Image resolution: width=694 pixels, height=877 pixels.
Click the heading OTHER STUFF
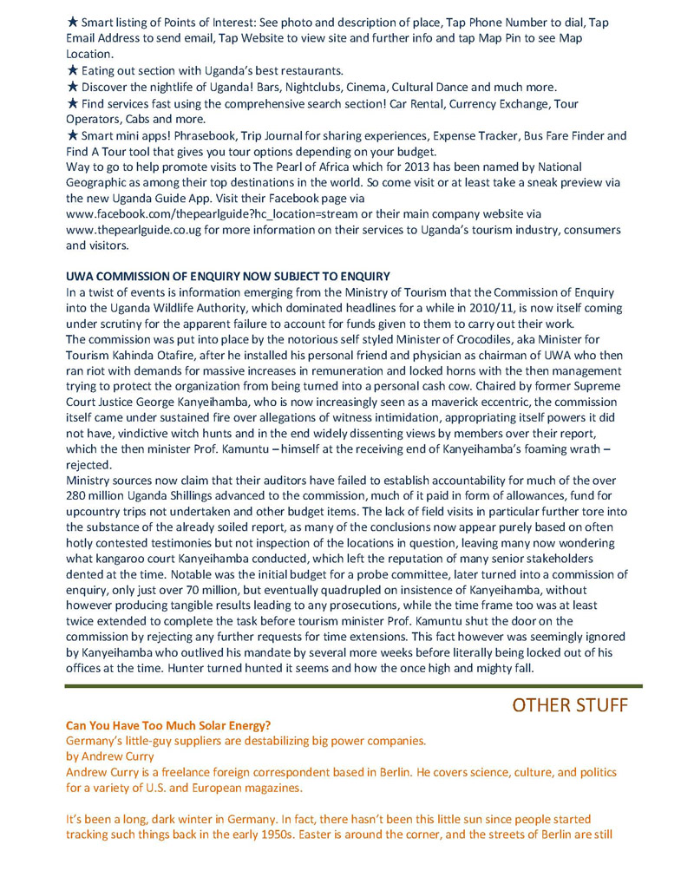[569, 705]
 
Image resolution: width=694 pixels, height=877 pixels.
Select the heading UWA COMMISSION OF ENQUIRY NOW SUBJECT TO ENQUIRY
[227, 276]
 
